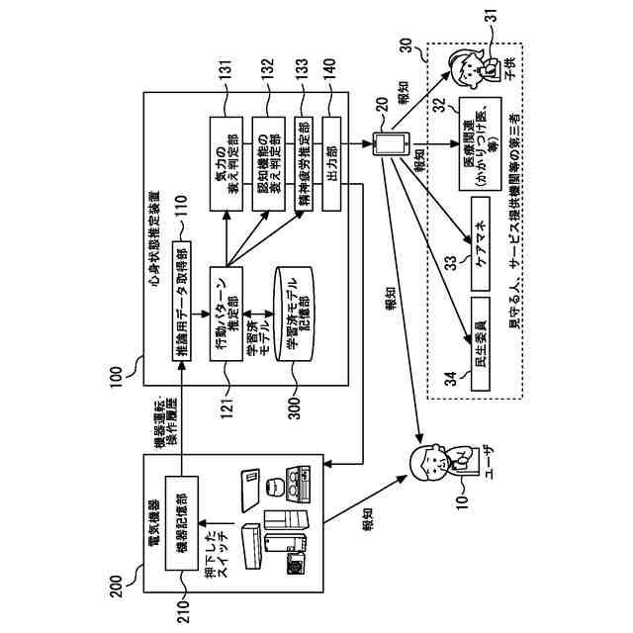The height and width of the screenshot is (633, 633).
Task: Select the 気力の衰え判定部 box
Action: (227, 164)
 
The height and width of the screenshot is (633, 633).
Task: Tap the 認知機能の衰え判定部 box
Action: (268, 165)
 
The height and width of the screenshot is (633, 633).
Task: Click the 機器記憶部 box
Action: (183, 519)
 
